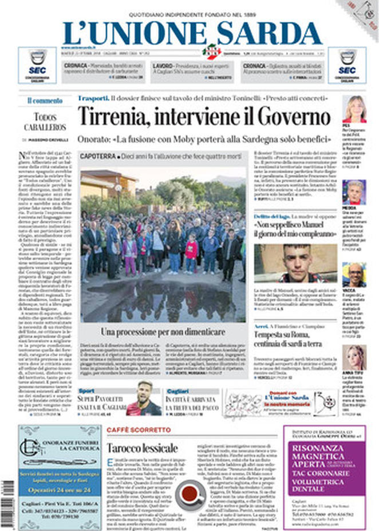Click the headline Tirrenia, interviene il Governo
[204, 116]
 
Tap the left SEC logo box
[37, 65]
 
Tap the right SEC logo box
[347, 65]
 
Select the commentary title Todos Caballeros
[45, 122]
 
